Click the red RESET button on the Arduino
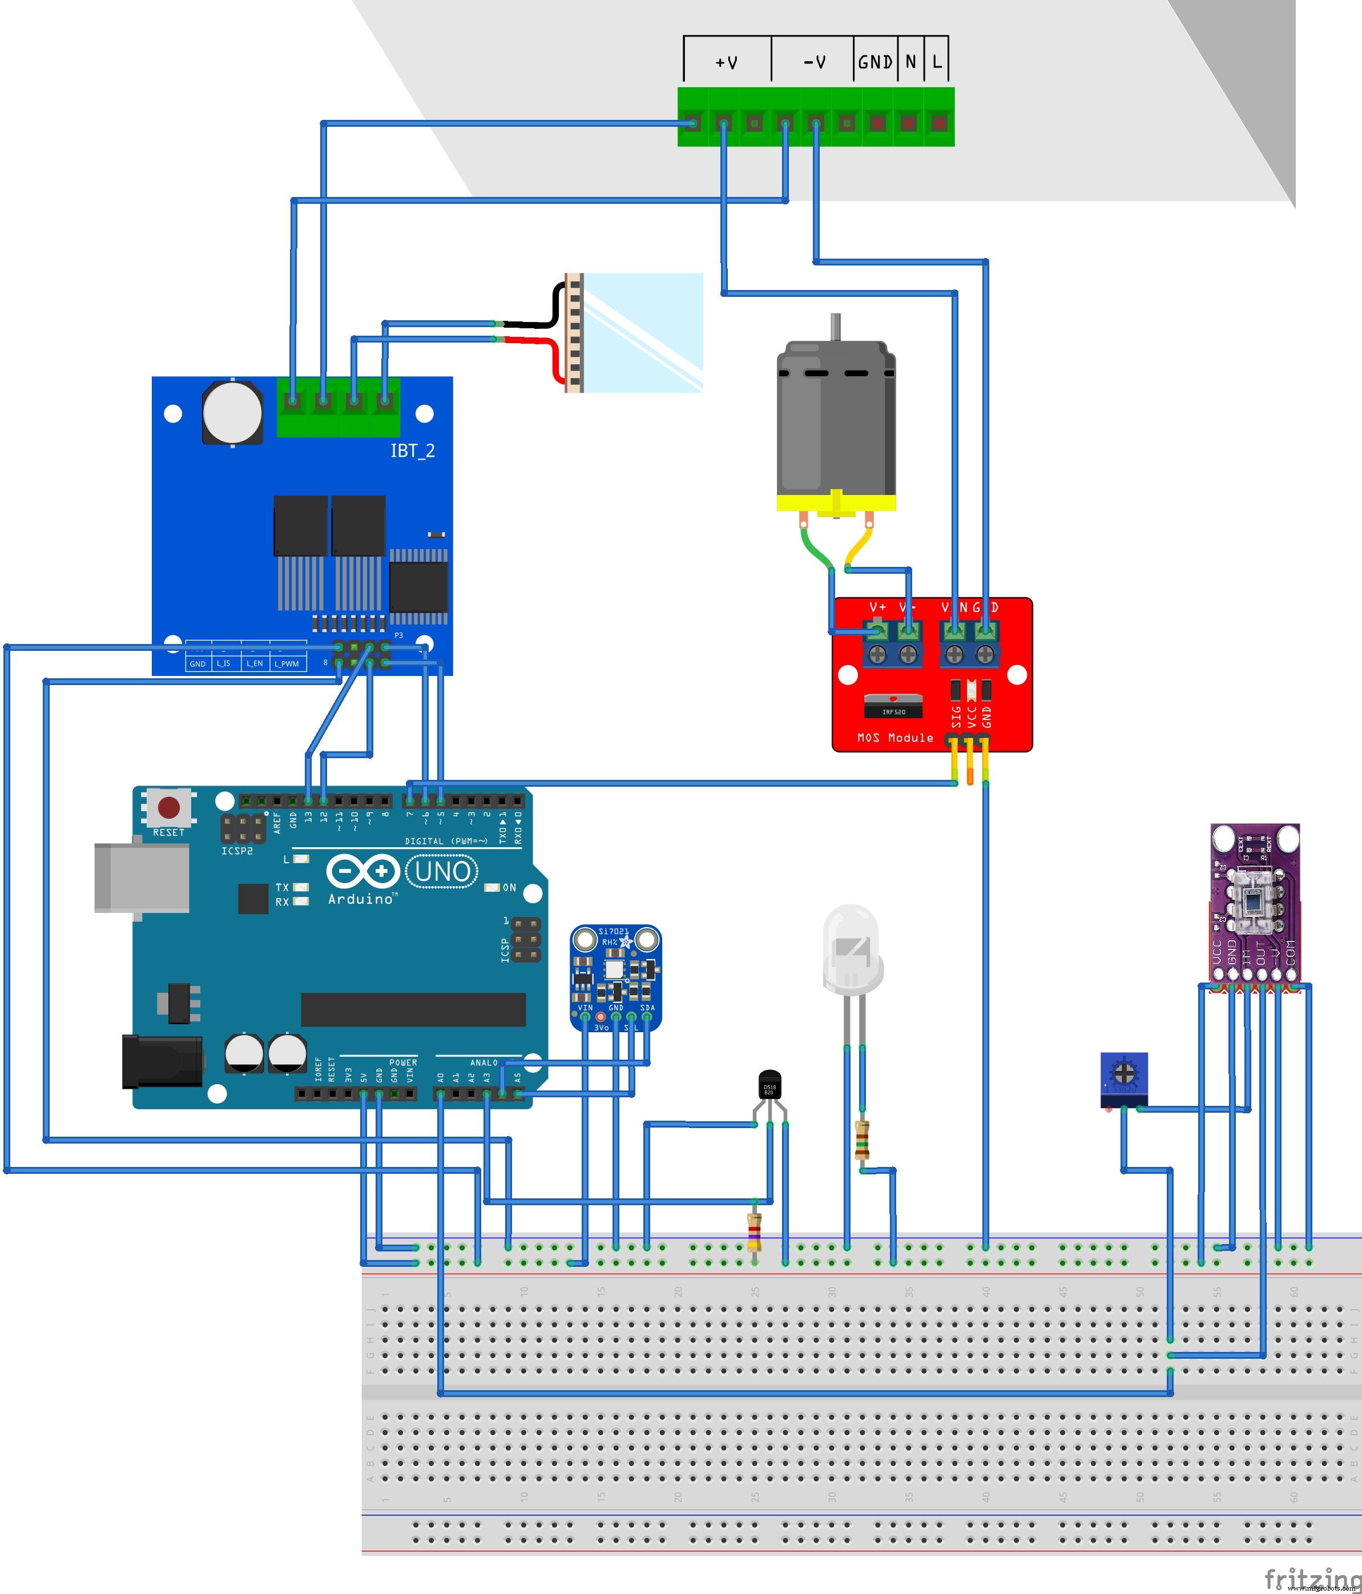click(168, 808)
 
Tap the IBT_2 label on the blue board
click(412, 451)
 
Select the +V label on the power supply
click(726, 62)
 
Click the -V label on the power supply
click(815, 62)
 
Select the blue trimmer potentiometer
click(1123, 1078)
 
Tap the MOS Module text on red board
click(895, 738)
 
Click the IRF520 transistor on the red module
click(893, 706)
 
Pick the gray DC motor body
click(836, 419)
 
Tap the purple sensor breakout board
click(1254, 904)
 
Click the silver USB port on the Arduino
click(142, 877)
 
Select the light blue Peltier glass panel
click(643, 332)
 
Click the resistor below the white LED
click(862, 1140)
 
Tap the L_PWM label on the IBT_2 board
click(287, 664)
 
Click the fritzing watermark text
click(1312, 1576)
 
